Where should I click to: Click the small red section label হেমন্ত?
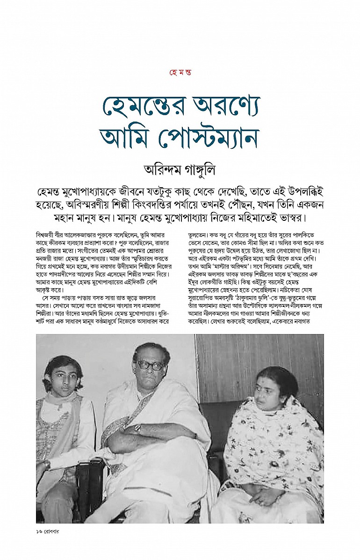(x=180, y=73)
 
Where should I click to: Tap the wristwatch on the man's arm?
(x=137, y=428)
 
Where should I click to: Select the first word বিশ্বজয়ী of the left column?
(x=46, y=233)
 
